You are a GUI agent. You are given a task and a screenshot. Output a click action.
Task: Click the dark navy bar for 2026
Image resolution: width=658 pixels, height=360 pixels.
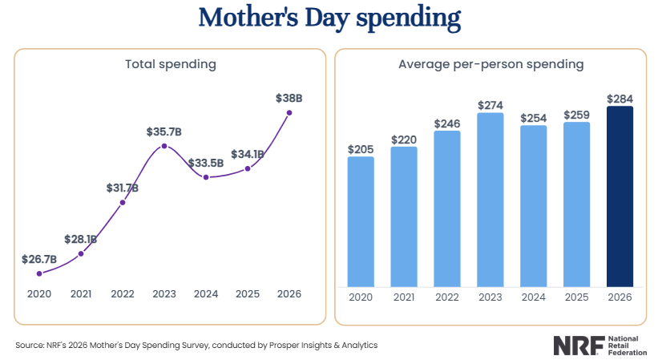click(620, 196)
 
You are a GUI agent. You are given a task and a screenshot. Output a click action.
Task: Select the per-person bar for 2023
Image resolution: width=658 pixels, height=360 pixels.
click(490, 200)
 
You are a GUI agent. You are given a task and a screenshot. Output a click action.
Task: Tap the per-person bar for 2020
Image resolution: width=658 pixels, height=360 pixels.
click(361, 221)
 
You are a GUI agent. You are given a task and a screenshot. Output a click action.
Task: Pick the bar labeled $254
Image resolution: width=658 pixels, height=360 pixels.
click(533, 206)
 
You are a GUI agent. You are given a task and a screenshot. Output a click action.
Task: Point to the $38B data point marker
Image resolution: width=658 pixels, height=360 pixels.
click(289, 112)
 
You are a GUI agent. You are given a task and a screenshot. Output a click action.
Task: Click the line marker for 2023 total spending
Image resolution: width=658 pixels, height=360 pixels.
click(164, 146)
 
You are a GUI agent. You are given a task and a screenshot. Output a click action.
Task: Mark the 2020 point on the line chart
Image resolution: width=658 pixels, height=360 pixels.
click(39, 273)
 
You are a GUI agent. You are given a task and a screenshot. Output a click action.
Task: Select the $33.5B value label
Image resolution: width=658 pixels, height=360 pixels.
click(206, 163)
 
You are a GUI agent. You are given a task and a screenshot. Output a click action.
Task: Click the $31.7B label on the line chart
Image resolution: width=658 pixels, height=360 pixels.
click(123, 188)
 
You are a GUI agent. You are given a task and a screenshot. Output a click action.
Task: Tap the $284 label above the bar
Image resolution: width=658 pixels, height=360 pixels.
click(620, 99)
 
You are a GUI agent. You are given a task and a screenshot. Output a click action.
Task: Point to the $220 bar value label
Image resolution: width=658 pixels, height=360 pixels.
click(404, 139)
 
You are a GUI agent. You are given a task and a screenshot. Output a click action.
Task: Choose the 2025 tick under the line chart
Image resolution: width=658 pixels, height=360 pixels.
click(247, 294)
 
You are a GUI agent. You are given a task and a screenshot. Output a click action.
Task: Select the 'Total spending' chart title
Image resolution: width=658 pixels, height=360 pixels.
click(171, 63)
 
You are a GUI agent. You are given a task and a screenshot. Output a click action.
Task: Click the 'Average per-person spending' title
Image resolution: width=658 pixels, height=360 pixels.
click(490, 63)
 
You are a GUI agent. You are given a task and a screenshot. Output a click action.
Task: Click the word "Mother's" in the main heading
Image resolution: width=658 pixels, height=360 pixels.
click(242, 17)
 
